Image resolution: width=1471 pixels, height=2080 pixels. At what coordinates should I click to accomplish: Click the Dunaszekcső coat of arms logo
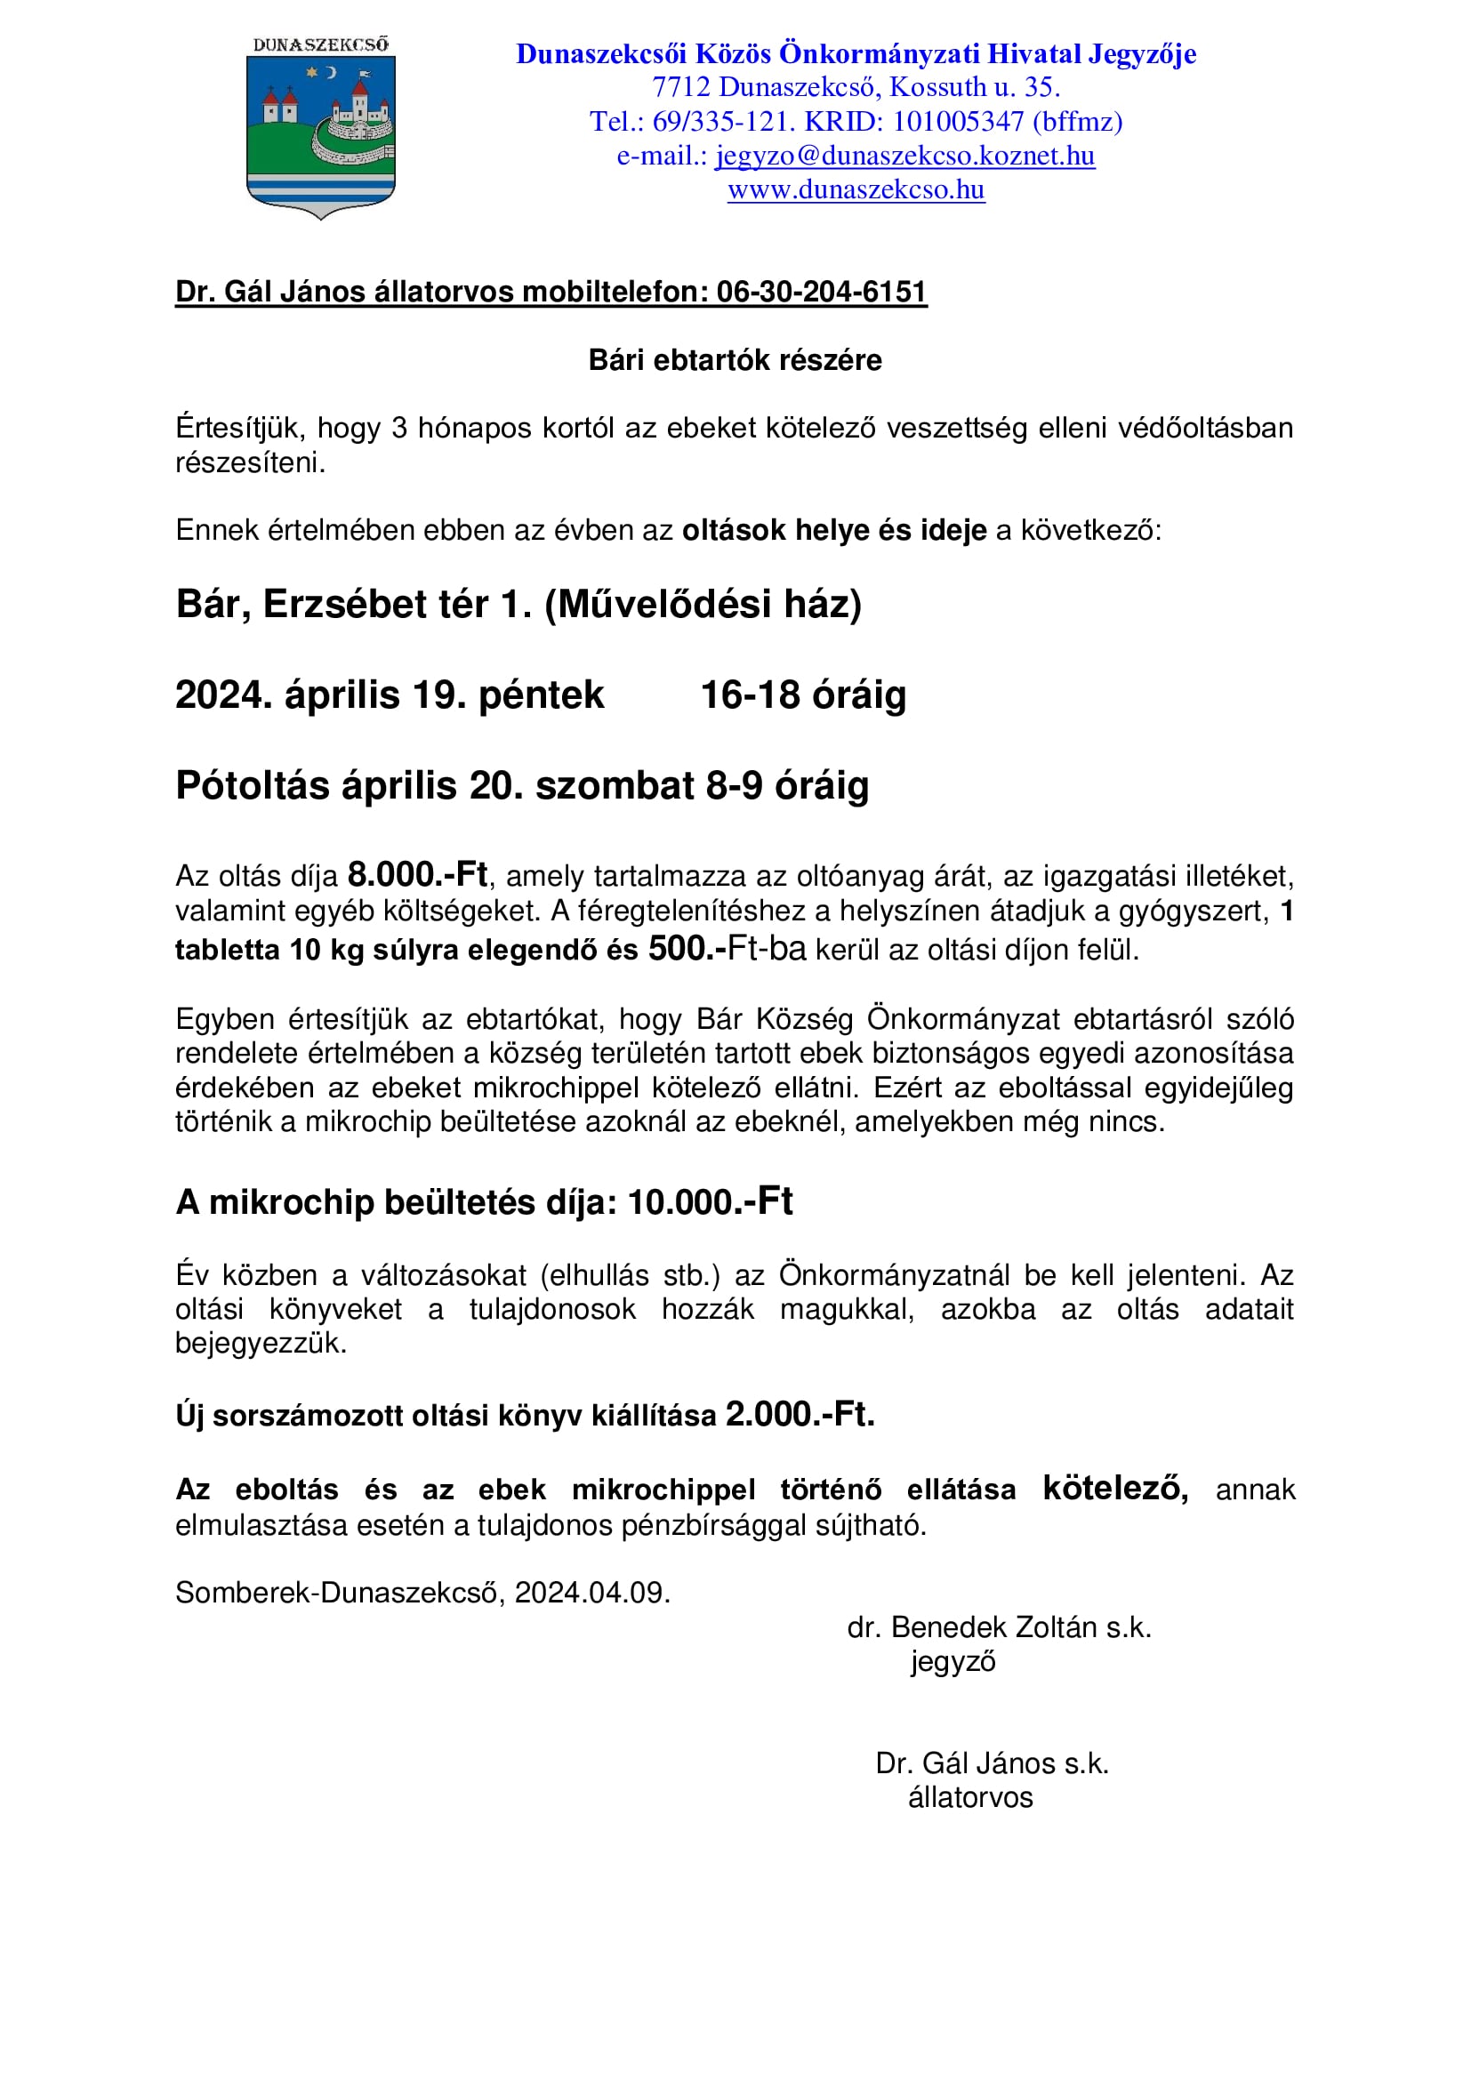(321, 128)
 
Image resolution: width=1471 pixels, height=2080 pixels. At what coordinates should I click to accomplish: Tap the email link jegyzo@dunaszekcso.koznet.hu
(904, 156)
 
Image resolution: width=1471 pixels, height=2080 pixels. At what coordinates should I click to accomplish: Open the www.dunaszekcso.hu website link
(856, 189)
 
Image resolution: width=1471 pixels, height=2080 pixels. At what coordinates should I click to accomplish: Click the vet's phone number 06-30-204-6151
(822, 292)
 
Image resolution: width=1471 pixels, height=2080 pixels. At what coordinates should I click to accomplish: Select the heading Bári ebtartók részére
(735, 360)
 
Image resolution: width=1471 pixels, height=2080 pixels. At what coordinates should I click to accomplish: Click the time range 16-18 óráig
(803, 695)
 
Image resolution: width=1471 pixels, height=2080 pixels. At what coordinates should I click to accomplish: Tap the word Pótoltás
(253, 785)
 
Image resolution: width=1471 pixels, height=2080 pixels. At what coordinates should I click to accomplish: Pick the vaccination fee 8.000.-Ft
(418, 874)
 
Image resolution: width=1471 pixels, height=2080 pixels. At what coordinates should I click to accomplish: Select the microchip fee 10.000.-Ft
(710, 1202)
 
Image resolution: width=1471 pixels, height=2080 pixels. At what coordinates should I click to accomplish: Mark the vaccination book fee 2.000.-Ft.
(799, 1414)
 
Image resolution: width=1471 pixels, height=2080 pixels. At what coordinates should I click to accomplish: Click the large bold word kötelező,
(1115, 1489)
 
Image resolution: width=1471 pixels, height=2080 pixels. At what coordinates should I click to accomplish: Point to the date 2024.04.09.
(592, 1593)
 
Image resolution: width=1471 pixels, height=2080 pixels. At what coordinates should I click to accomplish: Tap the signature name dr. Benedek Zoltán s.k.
(999, 1628)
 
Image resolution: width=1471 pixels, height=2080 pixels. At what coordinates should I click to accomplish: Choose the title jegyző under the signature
(953, 1661)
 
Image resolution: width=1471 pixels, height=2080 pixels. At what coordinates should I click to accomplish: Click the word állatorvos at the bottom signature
(970, 1797)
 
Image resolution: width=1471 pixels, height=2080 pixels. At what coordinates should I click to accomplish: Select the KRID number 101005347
(959, 122)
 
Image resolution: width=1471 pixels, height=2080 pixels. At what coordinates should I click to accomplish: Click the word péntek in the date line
(541, 695)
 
